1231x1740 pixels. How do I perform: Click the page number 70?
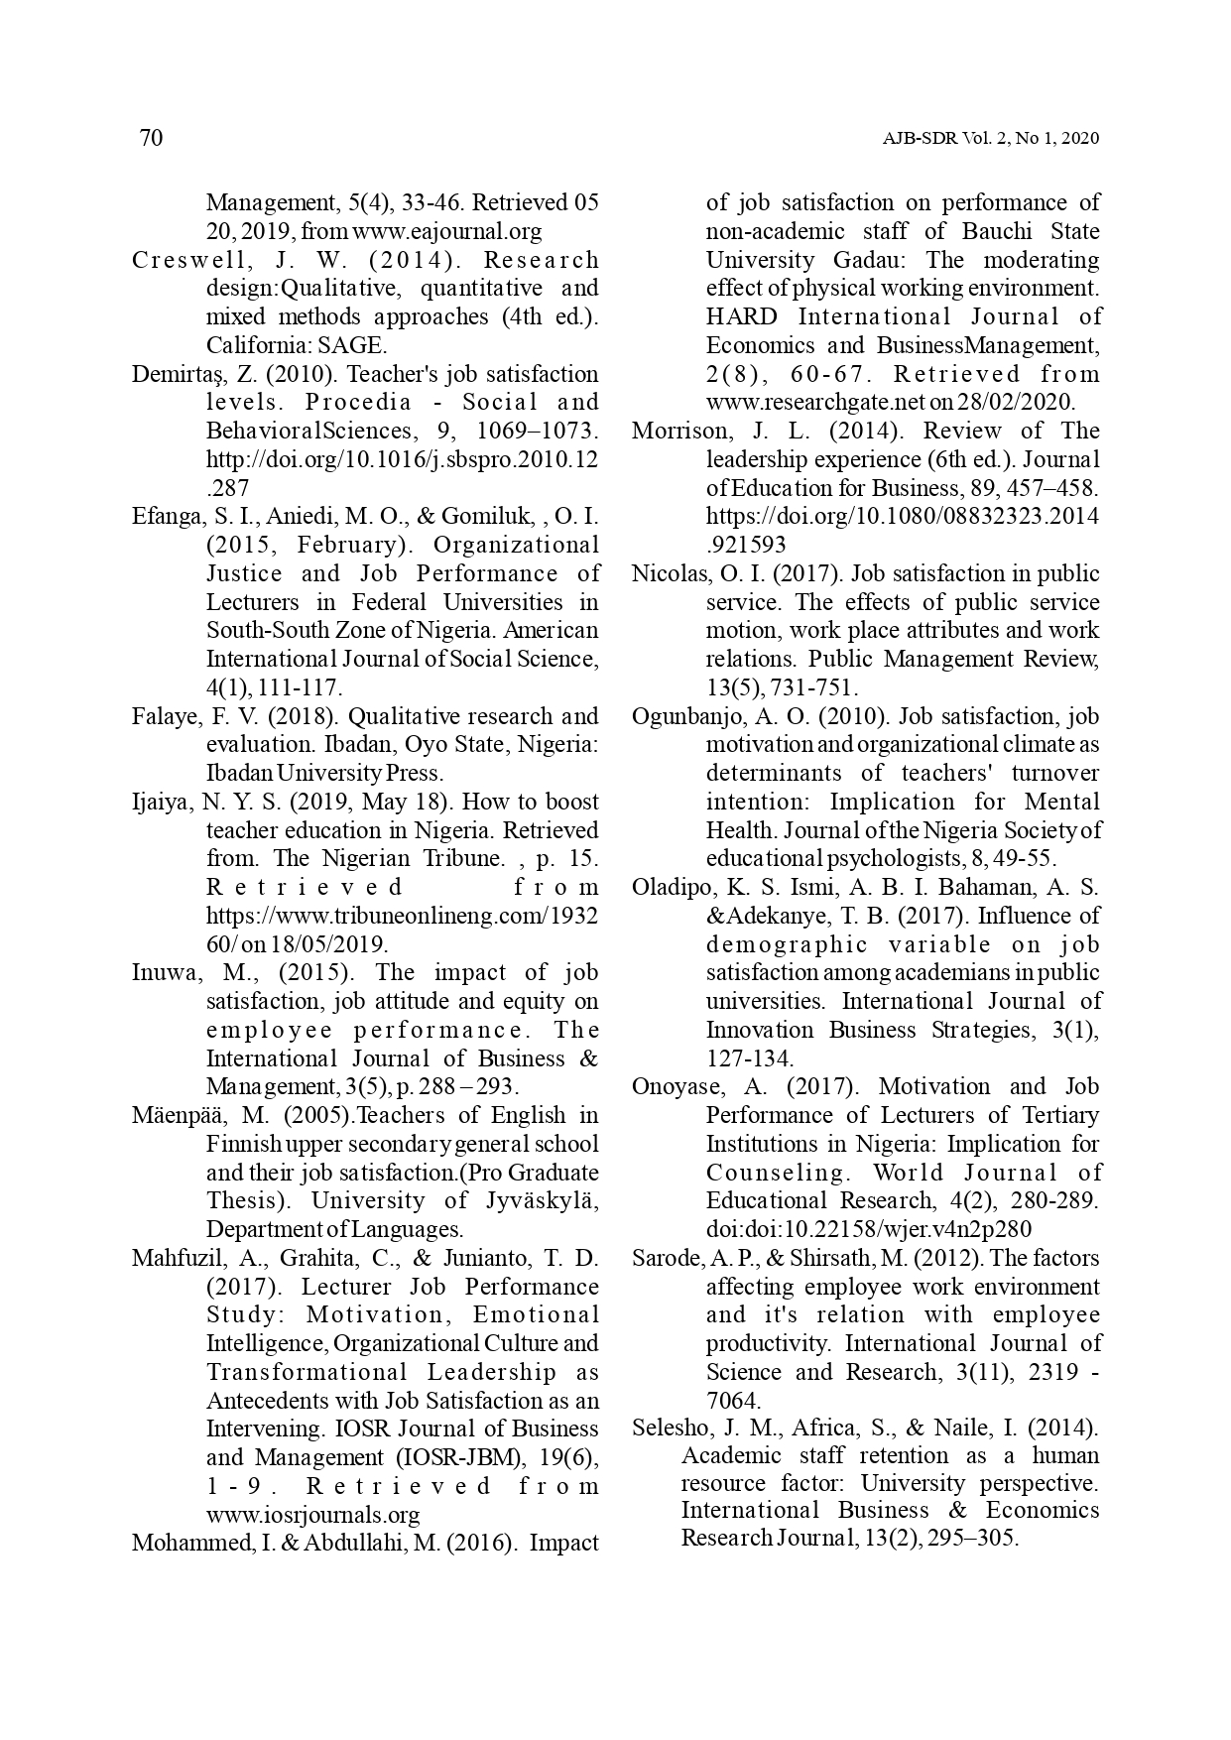point(151,138)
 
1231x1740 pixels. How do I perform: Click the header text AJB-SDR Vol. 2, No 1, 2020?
point(991,139)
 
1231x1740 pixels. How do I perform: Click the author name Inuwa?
point(162,972)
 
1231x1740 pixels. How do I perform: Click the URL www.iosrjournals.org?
point(312,1515)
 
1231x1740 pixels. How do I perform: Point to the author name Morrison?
point(674,431)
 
